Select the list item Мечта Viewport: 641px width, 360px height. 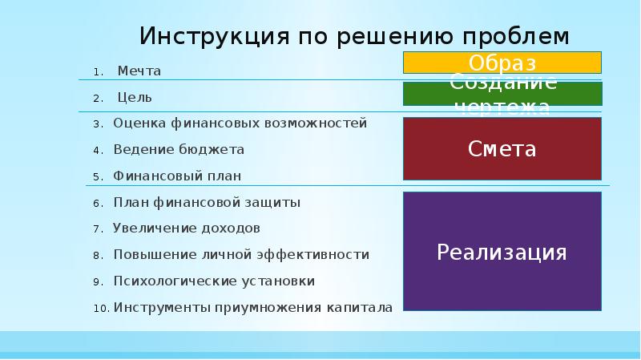pos(139,71)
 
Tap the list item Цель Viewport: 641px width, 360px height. pos(135,98)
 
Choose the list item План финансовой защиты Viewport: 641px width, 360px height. pos(207,203)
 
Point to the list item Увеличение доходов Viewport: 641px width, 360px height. pos(187,229)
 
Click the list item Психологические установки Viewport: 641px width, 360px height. pos(214,281)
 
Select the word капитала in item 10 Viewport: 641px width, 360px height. pos(359,307)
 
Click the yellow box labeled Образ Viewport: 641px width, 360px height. pos(502,63)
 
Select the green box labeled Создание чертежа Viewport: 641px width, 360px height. pos(502,94)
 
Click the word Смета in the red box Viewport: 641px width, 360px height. pos(502,148)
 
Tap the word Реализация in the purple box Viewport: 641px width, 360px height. pos(502,253)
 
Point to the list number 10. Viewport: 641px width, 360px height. pos(101,308)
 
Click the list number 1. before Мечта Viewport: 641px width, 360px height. pos(97,72)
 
